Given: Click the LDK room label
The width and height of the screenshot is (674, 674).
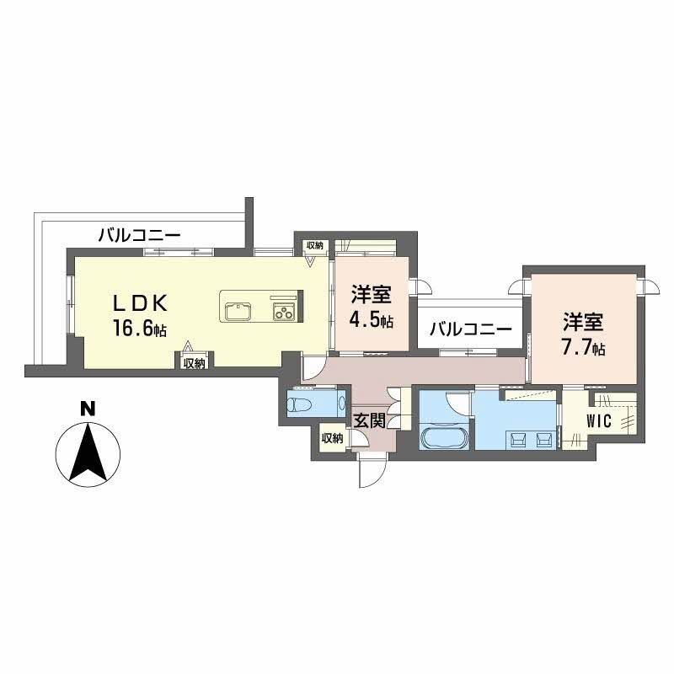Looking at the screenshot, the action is tap(140, 304).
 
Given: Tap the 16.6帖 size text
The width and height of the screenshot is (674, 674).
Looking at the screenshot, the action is tap(140, 329).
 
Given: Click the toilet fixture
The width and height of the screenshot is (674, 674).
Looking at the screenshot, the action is tap(300, 404).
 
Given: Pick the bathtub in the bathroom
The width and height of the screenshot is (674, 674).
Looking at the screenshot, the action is tap(445, 437).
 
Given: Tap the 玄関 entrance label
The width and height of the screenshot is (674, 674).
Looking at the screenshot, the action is tap(369, 420).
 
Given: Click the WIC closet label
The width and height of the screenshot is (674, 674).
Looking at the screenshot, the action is tap(598, 421).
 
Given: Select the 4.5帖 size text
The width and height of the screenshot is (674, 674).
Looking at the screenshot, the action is tap(372, 320).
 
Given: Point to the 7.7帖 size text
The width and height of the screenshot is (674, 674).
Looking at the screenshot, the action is tap(584, 346).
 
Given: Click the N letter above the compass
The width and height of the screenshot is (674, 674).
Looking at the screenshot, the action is tap(88, 409).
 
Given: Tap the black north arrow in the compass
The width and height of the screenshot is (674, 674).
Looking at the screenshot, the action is tap(88, 452).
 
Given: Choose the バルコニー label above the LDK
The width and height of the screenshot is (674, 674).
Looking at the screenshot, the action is tap(139, 236).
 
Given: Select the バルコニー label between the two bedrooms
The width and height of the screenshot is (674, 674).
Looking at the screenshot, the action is tap(471, 330).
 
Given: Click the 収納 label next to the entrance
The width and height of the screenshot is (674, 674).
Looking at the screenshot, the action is tap(332, 438).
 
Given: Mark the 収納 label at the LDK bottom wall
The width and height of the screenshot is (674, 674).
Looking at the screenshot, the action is tap(195, 363).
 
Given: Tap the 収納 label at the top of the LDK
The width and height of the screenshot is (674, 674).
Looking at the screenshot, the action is tap(315, 245).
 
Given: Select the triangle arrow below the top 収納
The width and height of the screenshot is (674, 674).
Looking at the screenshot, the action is tap(310, 262).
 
